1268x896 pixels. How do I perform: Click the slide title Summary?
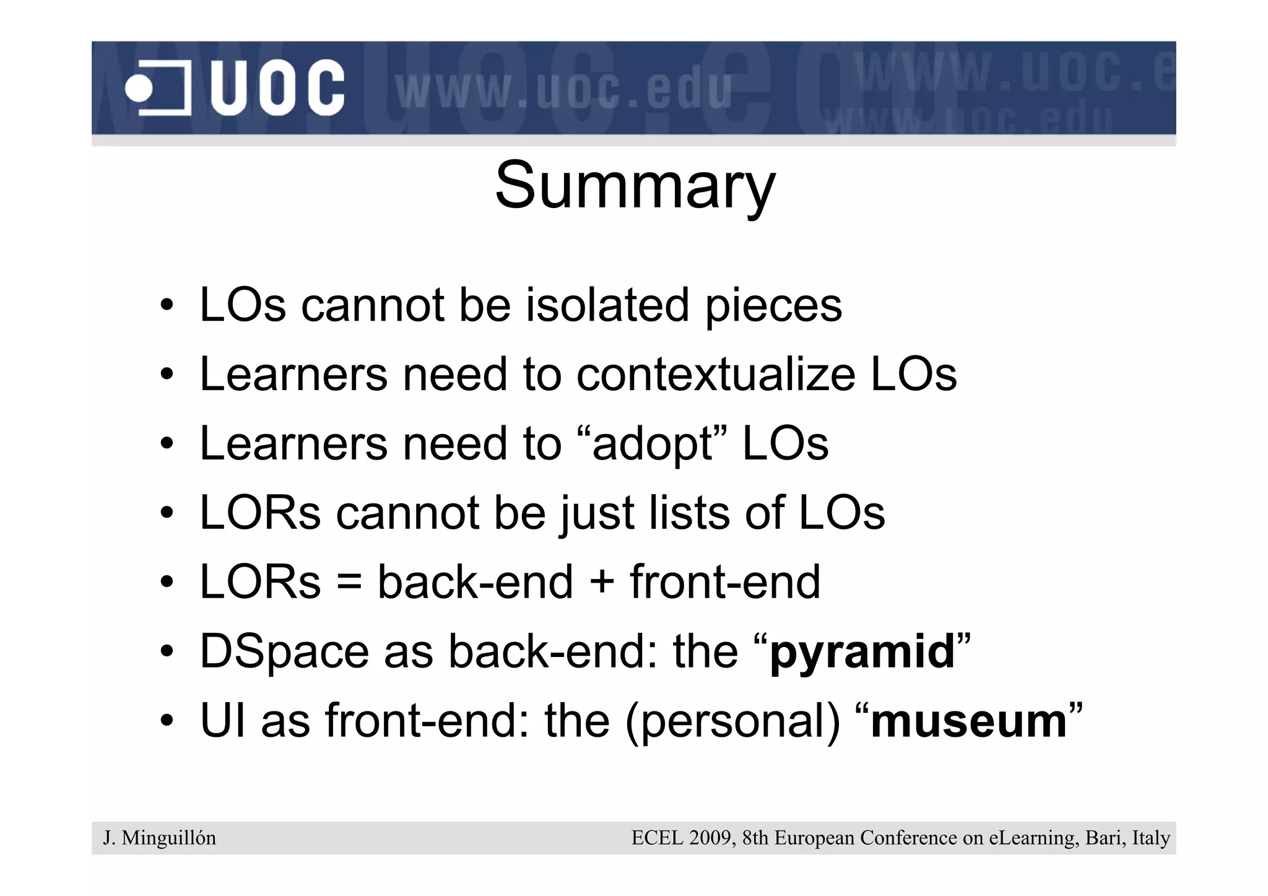[x=635, y=186]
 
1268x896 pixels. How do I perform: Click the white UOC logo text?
[x=277, y=88]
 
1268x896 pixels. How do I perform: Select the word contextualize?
[x=715, y=375]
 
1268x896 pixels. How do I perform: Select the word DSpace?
[x=284, y=652]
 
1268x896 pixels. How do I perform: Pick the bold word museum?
[x=968, y=722]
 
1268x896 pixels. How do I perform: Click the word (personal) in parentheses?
[x=733, y=722]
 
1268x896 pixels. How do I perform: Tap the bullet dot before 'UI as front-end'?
[x=167, y=721]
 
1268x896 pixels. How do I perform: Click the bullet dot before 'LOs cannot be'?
[x=167, y=305]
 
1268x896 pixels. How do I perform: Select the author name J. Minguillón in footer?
[x=160, y=838]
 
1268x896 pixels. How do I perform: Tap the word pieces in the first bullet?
[x=773, y=305]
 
